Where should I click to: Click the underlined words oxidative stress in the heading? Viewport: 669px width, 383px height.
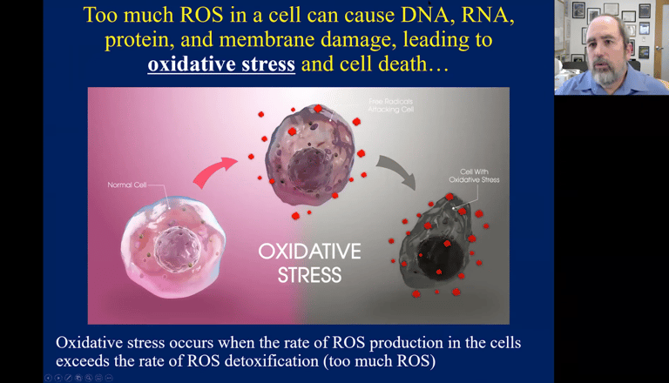click(221, 65)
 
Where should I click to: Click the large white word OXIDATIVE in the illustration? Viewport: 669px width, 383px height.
click(309, 252)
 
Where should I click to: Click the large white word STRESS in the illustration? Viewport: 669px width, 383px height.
click(309, 276)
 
